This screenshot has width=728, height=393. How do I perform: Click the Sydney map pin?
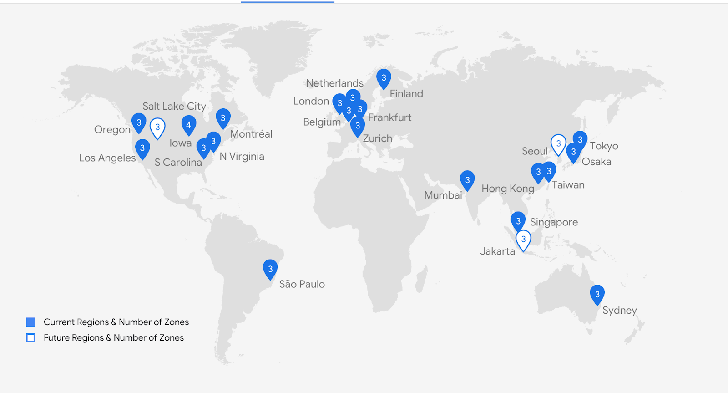pyautogui.click(x=597, y=294)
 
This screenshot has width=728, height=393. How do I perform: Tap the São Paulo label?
pyautogui.click(x=302, y=284)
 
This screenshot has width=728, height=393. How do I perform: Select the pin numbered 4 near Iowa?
pyautogui.click(x=188, y=124)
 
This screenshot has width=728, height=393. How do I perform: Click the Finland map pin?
pyautogui.click(x=384, y=78)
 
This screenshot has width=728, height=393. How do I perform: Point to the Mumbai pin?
pyautogui.click(x=467, y=180)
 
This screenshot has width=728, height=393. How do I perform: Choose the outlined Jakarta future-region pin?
pyautogui.click(x=523, y=239)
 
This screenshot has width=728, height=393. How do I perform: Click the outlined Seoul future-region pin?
pyautogui.click(x=558, y=143)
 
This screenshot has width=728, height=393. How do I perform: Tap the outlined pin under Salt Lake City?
pyautogui.click(x=157, y=127)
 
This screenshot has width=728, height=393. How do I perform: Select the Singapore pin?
pyautogui.click(x=518, y=221)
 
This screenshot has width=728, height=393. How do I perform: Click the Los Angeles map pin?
pyautogui.click(x=142, y=148)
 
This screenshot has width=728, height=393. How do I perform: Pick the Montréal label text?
pyautogui.click(x=251, y=134)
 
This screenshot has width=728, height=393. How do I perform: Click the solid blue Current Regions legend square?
pyautogui.click(x=30, y=322)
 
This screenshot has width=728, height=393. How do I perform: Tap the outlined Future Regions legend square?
pyautogui.click(x=30, y=337)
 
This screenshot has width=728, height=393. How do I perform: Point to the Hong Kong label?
pyautogui.click(x=508, y=189)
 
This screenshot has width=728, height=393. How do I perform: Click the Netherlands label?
pyautogui.click(x=334, y=83)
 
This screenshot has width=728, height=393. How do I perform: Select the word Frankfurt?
pyautogui.click(x=389, y=117)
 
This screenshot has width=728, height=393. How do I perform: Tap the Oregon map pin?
pyautogui.click(x=139, y=122)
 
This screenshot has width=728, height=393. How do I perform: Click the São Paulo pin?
pyautogui.click(x=270, y=269)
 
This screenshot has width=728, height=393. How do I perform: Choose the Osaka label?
pyautogui.click(x=596, y=162)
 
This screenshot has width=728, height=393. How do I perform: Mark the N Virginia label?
pyautogui.click(x=242, y=157)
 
